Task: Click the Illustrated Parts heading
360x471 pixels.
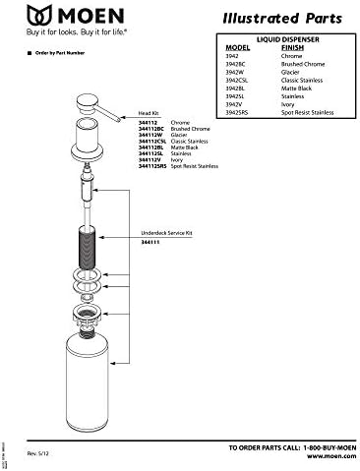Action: [282, 17]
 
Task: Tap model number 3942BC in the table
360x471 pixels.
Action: [236, 64]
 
